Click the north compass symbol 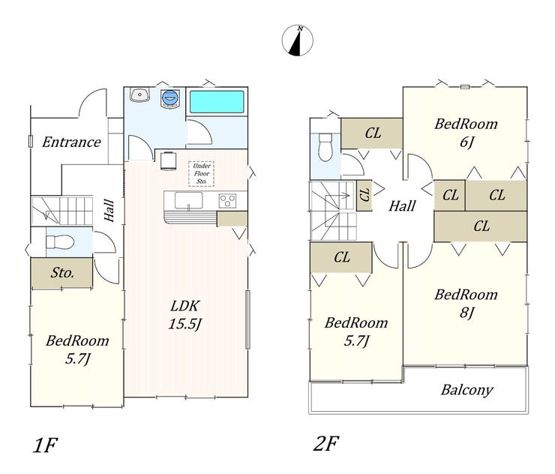297,40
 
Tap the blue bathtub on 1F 217,101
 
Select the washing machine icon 169,97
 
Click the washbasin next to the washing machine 139,94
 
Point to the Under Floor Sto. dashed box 202,173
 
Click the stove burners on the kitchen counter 227,201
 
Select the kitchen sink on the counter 189,201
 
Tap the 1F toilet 60,242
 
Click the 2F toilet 325,147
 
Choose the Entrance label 71,142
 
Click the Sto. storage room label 62,272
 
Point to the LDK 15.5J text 185,315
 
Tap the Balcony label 466,390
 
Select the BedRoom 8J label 466,303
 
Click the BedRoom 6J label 466,133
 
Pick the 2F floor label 326,443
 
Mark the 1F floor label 45,445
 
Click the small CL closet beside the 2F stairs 364,196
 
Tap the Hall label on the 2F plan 402,205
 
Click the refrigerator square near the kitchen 169,161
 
